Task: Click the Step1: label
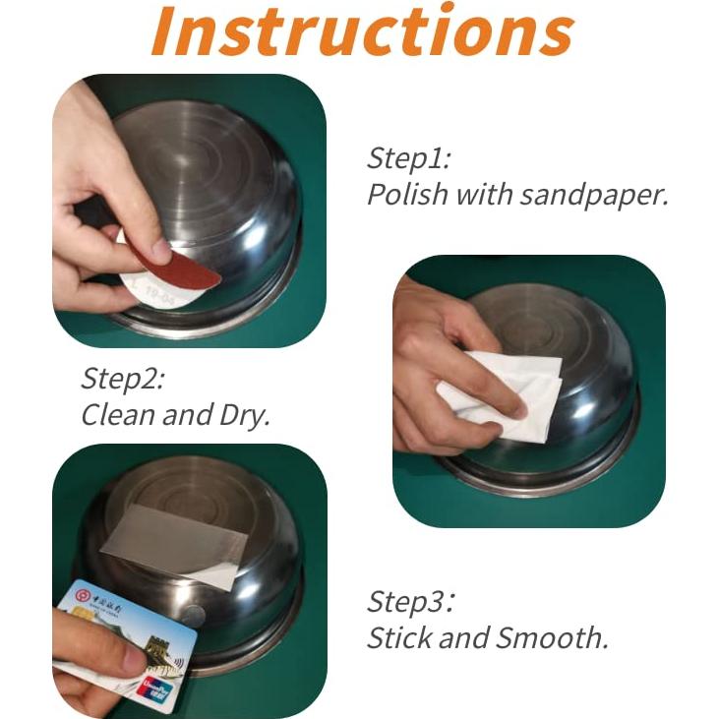coord(408,158)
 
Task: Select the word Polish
coord(405,194)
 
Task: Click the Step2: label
coord(122,379)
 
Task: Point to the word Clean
coord(117,415)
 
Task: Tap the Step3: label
coord(411,602)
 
